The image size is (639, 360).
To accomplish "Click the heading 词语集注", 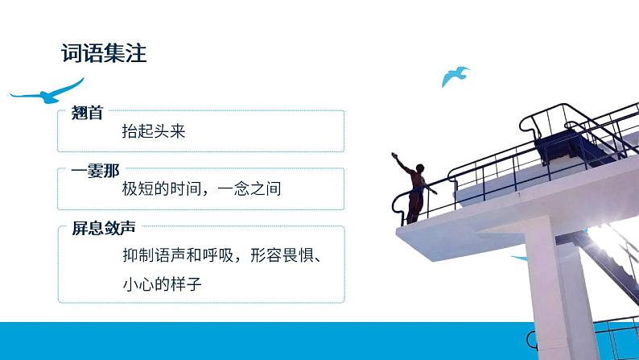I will pyautogui.click(x=103, y=54).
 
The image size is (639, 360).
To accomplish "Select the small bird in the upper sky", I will pyautogui.click(x=455, y=76).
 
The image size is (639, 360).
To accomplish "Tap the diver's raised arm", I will pyautogui.click(x=402, y=162).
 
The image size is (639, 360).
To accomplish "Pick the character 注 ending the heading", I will pyautogui.click(x=134, y=54).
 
